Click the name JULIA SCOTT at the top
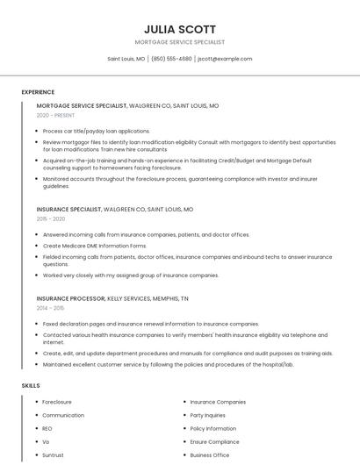click(179, 29)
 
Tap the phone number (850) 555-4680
click(171, 59)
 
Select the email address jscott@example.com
click(225, 59)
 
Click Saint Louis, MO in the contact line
click(126, 59)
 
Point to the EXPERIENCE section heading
click(38, 92)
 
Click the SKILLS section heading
click(30, 385)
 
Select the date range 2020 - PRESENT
click(56, 115)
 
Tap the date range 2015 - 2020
click(51, 218)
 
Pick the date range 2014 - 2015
click(51, 308)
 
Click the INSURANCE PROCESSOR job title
click(70, 298)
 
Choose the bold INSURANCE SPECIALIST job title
click(68, 210)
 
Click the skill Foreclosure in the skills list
click(57, 402)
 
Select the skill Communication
click(63, 415)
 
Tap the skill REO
click(47, 429)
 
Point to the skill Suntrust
click(54, 456)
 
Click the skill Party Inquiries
click(208, 415)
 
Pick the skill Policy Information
click(213, 429)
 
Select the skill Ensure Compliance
click(214, 442)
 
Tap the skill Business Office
click(210, 456)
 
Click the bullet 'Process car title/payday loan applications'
click(97, 131)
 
